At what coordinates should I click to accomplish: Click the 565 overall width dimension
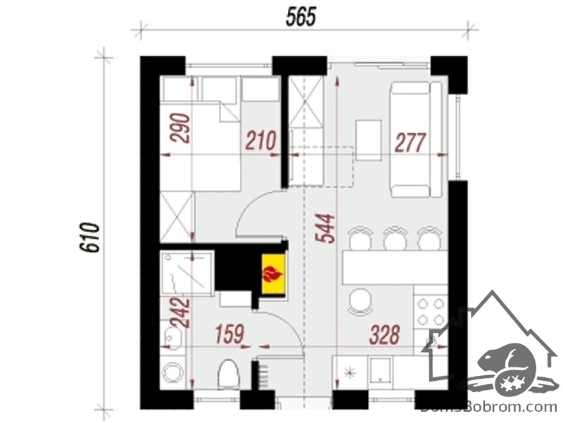301,17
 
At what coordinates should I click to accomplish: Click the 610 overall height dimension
89,237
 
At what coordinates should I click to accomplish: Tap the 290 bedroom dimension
180,128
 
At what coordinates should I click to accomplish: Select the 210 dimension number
261,141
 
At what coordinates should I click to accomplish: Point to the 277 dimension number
411,142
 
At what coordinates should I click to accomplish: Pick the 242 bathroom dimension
180,312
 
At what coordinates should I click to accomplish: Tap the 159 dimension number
230,334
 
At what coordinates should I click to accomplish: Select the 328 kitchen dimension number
385,334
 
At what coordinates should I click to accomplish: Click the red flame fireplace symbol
273,274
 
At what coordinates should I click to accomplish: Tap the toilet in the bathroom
229,374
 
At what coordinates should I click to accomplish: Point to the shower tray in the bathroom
187,273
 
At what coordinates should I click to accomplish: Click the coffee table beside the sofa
368,140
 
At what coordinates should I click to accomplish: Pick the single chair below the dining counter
360,302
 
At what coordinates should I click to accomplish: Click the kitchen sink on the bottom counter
382,370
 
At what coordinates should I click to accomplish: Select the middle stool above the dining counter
395,238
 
